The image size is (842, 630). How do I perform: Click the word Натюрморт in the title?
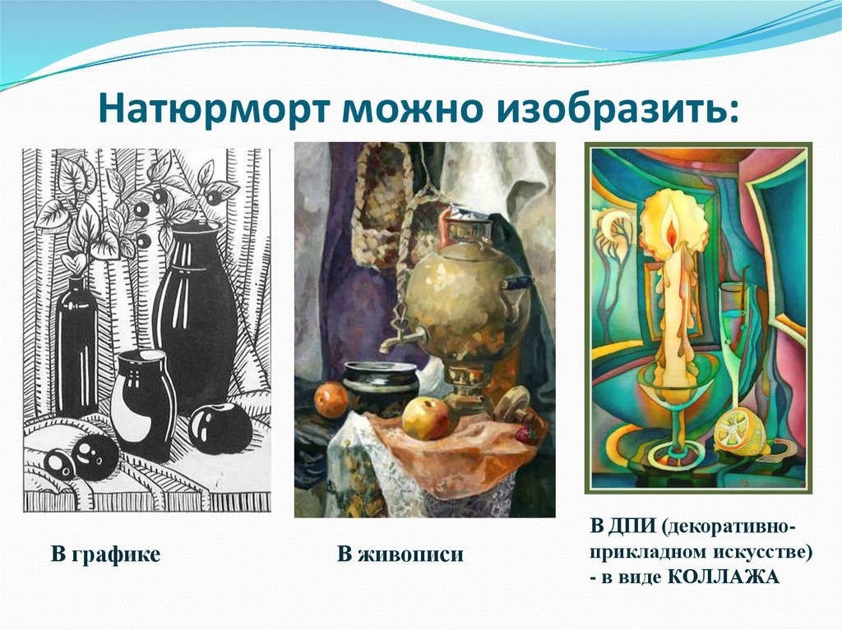[x=214, y=109]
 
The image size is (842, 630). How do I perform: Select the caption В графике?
[x=106, y=554]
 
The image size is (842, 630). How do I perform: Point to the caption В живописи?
[x=400, y=554]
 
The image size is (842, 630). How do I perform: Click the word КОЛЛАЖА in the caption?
[x=723, y=577]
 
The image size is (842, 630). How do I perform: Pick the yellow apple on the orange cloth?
[x=426, y=419]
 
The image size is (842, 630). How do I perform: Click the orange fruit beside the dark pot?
[x=331, y=400]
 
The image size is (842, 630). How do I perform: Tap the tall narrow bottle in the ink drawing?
[x=76, y=346]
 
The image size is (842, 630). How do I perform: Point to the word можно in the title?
[x=411, y=109]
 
